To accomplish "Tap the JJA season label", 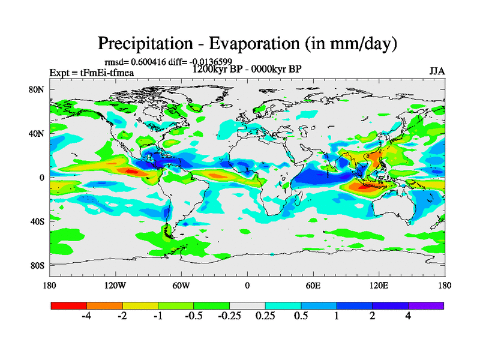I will pyautogui.click(x=437, y=71).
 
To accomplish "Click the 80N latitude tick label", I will pyautogui.click(x=38, y=90).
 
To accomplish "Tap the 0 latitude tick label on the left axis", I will pyautogui.click(x=42, y=178).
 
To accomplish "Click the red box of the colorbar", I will pyautogui.click(x=69, y=305).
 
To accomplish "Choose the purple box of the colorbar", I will pyautogui.click(x=426, y=305).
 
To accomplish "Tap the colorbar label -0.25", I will pyautogui.click(x=229, y=317).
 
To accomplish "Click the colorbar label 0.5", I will pyautogui.click(x=301, y=317).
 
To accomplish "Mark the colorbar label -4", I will pyautogui.click(x=86, y=317).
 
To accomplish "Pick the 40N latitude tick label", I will pyautogui.click(x=38, y=134).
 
